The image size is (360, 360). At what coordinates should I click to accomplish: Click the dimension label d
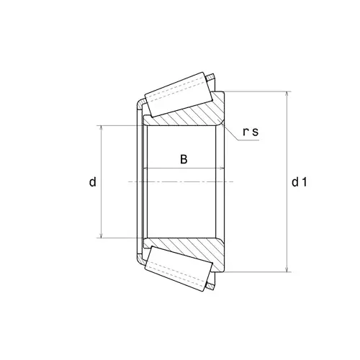tap(92, 183)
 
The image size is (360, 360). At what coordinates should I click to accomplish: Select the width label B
tap(184, 160)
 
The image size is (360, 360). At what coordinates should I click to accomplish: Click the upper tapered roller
tap(179, 96)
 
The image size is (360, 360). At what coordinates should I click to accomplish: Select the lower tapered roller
tap(179, 269)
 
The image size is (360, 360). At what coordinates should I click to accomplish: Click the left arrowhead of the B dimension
tap(148, 169)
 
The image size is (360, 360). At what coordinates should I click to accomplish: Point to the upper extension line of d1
tap(259, 92)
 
